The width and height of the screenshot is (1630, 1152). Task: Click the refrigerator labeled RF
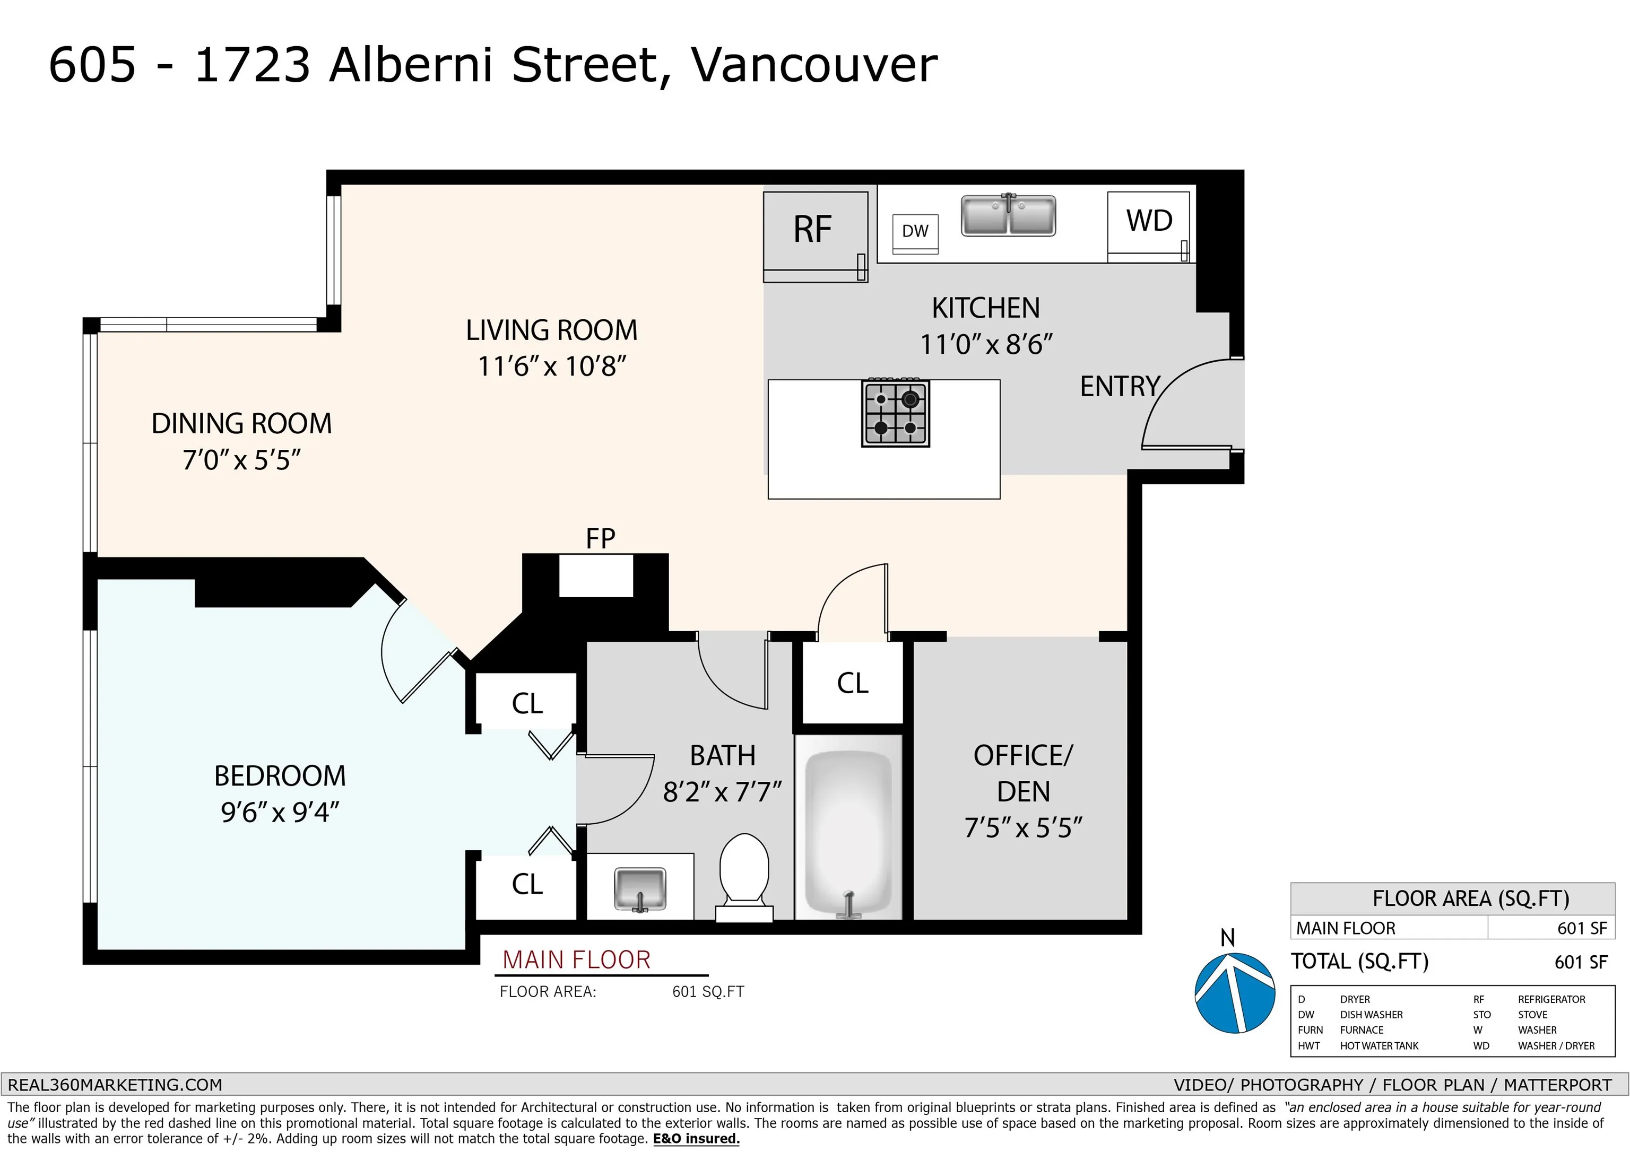[816, 237]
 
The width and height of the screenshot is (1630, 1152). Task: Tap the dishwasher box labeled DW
[915, 233]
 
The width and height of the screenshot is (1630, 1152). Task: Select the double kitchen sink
[1008, 215]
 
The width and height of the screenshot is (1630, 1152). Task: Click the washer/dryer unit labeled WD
[1148, 226]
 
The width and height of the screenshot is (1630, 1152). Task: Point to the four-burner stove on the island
[895, 413]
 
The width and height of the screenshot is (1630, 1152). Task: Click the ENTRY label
[1120, 387]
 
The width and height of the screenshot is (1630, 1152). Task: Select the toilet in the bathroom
[744, 878]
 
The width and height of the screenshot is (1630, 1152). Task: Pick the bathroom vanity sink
[640, 889]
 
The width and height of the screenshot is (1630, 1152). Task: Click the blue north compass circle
[1235, 992]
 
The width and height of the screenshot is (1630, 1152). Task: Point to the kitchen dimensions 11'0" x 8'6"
[985, 345]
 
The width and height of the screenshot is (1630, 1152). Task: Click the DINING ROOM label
[241, 424]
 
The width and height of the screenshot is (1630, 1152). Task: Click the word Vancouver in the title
[814, 65]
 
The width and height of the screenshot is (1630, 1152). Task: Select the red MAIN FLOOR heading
[576, 959]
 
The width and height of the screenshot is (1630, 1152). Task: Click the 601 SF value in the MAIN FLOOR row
[1582, 928]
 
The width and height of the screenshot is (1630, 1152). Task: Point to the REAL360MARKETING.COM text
[115, 1085]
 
